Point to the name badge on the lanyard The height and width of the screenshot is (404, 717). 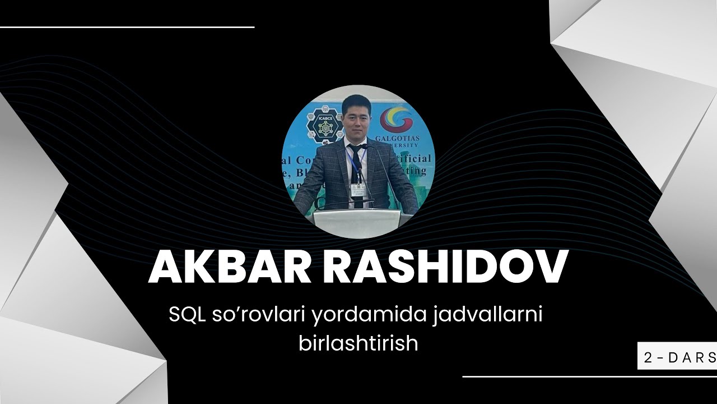(x=356, y=190)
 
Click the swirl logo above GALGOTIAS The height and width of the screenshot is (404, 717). (x=396, y=120)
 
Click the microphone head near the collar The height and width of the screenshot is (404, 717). (x=365, y=146)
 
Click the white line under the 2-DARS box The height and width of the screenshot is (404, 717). (x=588, y=377)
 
